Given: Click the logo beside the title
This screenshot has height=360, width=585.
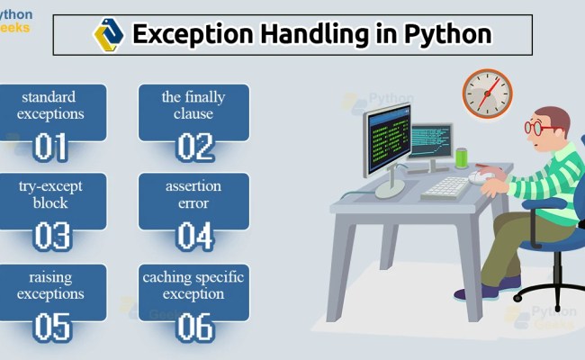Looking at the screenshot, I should click(108, 34).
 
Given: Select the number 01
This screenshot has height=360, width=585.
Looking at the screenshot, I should click(50, 147).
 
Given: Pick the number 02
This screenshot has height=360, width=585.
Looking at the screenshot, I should click(193, 147).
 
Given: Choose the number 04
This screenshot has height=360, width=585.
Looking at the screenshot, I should click(193, 236).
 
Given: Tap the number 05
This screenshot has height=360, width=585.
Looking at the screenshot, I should click(50, 326).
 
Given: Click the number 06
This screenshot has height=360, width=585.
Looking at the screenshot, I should click(193, 326).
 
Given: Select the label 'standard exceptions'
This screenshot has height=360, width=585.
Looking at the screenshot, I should click(51, 105).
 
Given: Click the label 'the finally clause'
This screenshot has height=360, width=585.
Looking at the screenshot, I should click(193, 105).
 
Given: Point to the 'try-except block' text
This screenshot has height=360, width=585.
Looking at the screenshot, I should click(51, 194).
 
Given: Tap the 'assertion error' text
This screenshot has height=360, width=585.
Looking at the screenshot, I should click(193, 194).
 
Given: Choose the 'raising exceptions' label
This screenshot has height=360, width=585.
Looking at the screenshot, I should click(51, 284).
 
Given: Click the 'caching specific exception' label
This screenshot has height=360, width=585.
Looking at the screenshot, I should click(193, 284).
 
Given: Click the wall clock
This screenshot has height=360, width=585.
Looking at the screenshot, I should click(487, 92).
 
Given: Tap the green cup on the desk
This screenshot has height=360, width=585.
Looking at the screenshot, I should click(462, 157).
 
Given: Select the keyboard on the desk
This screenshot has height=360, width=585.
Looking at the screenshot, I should click(445, 187).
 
